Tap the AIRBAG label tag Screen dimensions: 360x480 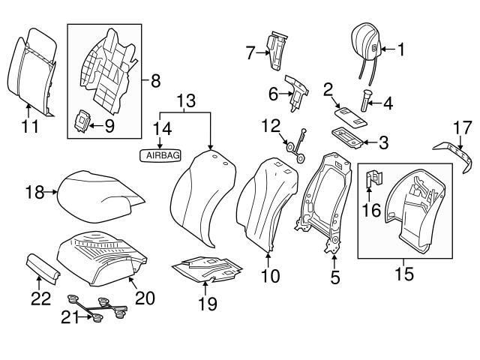159,154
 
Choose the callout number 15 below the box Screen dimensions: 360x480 405,274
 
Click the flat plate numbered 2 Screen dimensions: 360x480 346,110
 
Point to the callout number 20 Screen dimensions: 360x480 145,298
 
